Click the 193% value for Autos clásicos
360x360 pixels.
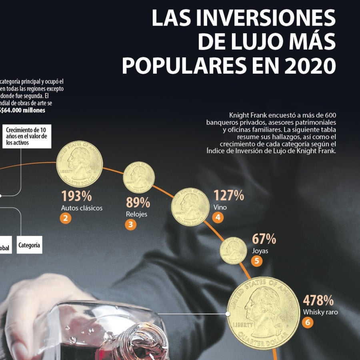76,196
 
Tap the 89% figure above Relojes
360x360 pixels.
138,203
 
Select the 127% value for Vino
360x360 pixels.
228,196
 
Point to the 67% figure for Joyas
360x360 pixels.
264,239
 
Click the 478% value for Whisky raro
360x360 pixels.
318,300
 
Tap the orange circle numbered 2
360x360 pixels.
66,218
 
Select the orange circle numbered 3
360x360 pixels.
130,225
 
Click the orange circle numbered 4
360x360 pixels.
218,218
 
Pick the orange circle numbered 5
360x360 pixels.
257,261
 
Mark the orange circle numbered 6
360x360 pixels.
307,322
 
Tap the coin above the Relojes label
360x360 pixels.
139,177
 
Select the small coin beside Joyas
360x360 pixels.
234,250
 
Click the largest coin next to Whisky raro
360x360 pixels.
263,313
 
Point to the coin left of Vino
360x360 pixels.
190,206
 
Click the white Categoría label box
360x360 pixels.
29,246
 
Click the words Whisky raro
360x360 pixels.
320,312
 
